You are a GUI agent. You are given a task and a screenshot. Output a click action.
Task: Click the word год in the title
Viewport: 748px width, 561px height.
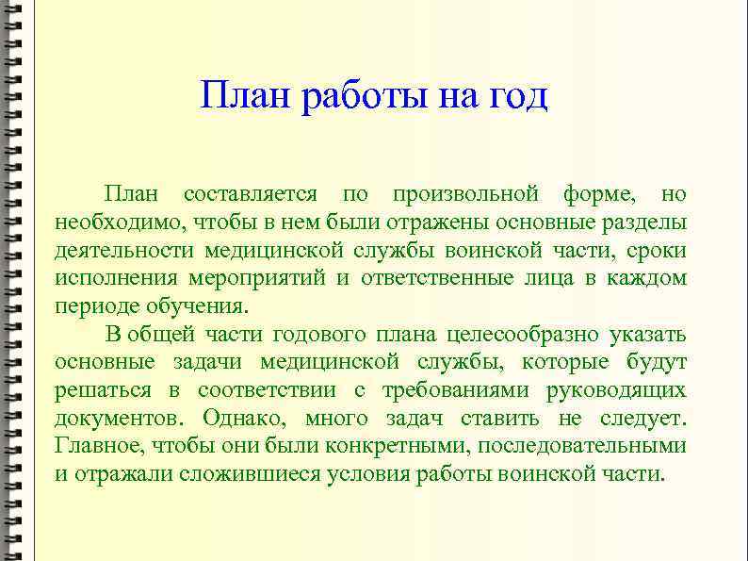pyautogui.click(x=513, y=97)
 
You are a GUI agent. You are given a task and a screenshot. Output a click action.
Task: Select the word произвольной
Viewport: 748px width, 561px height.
pyautogui.click(x=466, y=195)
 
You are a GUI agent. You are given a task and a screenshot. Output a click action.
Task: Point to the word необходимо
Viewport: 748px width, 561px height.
pyautogui.click(x=121, y=223)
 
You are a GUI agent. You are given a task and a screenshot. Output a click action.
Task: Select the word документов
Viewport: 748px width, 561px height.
pyautogui.click(x=115, y=418)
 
